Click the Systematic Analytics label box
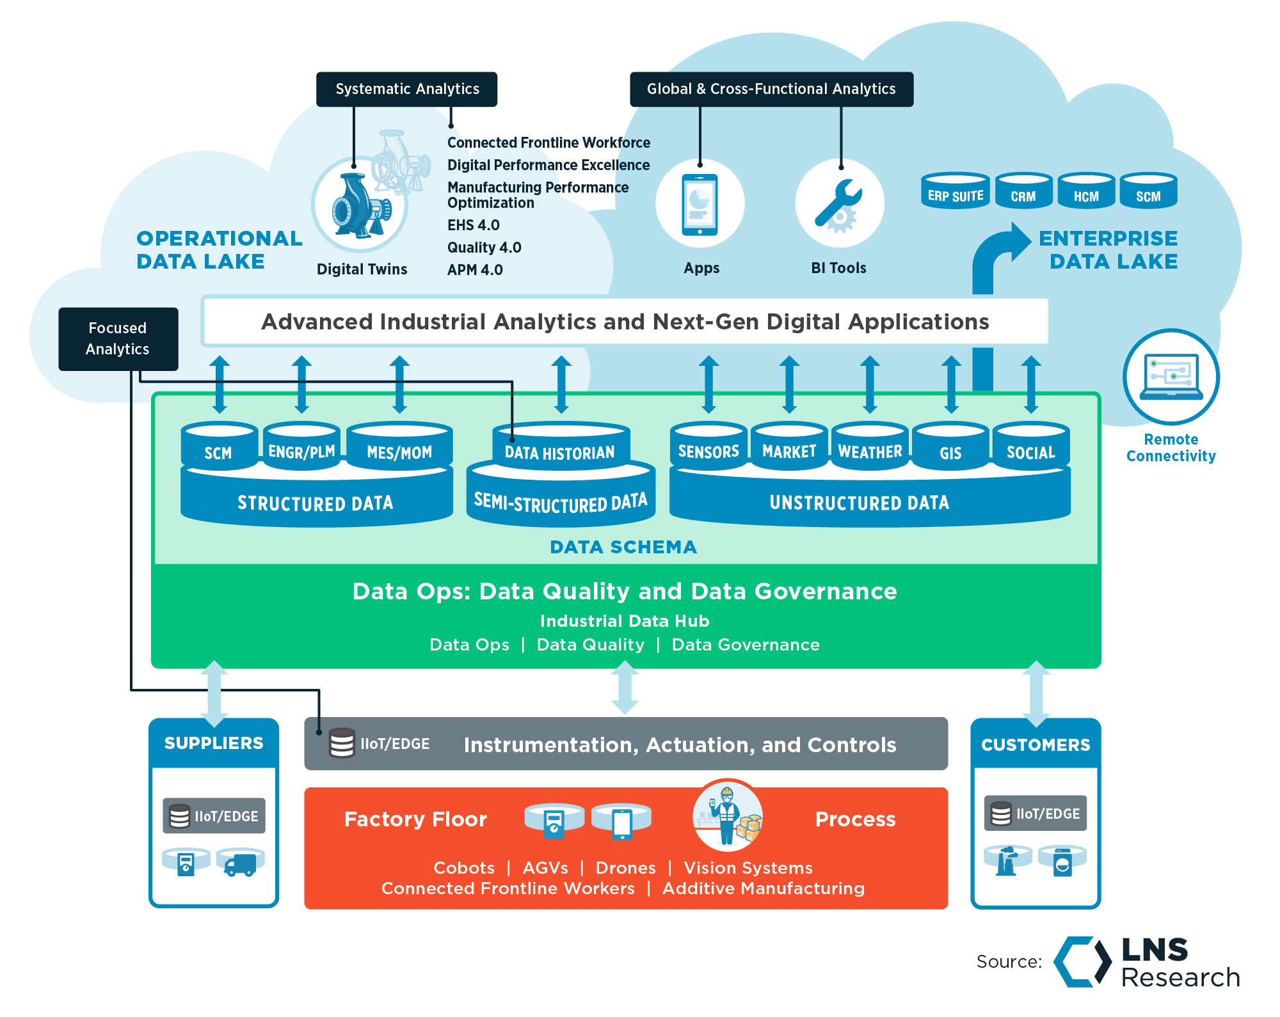407,89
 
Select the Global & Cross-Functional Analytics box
771,89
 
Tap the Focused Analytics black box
118,338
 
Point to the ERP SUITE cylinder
955,191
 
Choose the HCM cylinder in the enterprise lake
1085,191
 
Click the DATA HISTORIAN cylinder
560,448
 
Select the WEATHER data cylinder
870,448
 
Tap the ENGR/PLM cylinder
301,448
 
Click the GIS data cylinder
950,448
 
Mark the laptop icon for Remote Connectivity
1171,377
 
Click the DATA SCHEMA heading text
623,547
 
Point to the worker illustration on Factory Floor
728,816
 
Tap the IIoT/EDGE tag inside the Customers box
1035,814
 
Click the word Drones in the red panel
625,868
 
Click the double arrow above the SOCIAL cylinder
1030,384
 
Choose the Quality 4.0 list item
484,248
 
